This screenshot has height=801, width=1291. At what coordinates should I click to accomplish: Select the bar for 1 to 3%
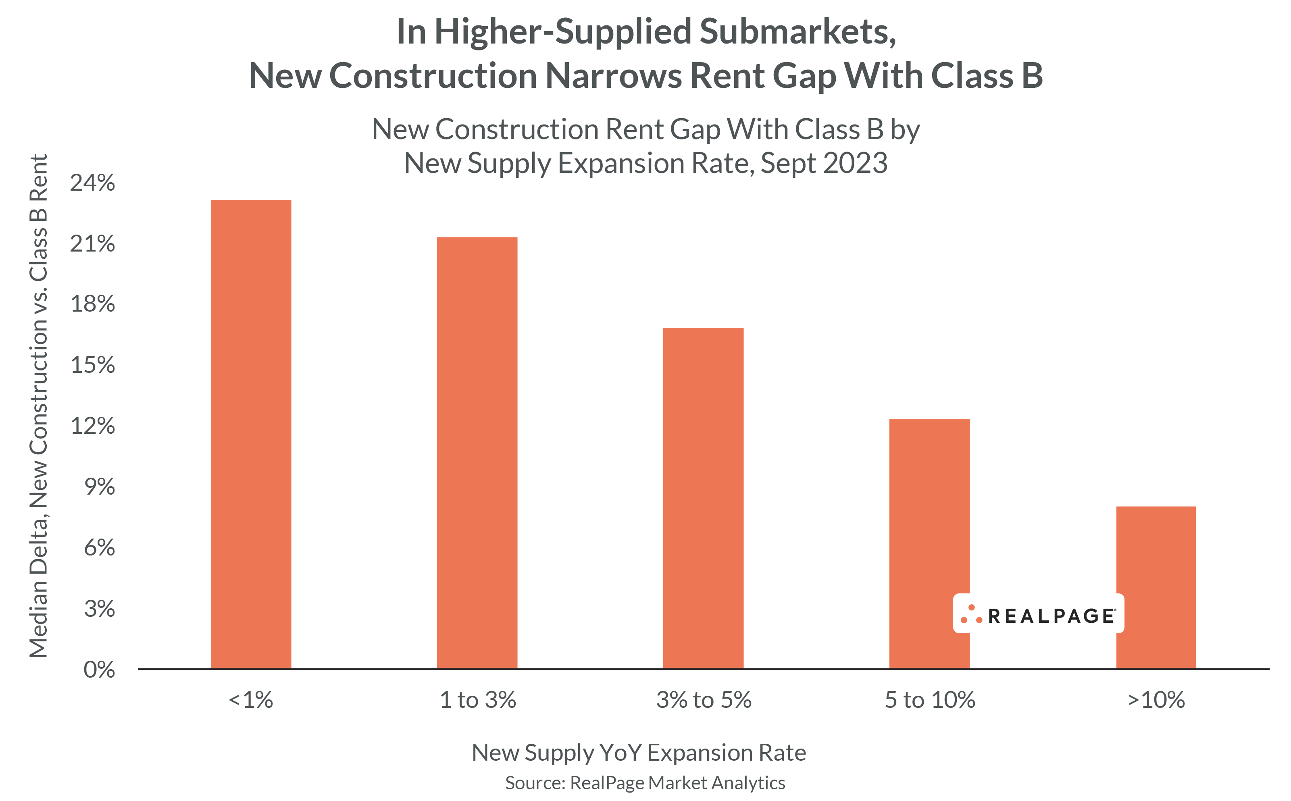click(x=477, y=453)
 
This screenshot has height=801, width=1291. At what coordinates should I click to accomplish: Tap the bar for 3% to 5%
click(x=703, y=498)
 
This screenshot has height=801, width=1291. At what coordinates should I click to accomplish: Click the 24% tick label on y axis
click(x=92, y=183)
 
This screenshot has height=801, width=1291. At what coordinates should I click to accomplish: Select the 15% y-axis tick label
click(x=92, y=365)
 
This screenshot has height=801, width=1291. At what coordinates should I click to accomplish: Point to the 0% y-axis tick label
click(x=99, y=670)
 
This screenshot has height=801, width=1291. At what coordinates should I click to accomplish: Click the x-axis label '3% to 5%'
click(x=704, y=700)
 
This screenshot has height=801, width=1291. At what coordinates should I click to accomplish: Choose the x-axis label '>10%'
click(x=1156, y=700)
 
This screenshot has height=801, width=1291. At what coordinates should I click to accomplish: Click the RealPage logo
click(x=1038, y=614)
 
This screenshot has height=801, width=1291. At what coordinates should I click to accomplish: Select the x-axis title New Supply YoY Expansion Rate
click(x=638, y=753)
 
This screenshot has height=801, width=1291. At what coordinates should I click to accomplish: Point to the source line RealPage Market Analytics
click(x=645, y=783)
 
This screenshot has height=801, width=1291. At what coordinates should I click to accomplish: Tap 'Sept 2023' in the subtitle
click(x=824, y=163)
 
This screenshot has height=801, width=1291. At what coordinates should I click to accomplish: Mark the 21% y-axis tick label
click(x=92, y=244)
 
